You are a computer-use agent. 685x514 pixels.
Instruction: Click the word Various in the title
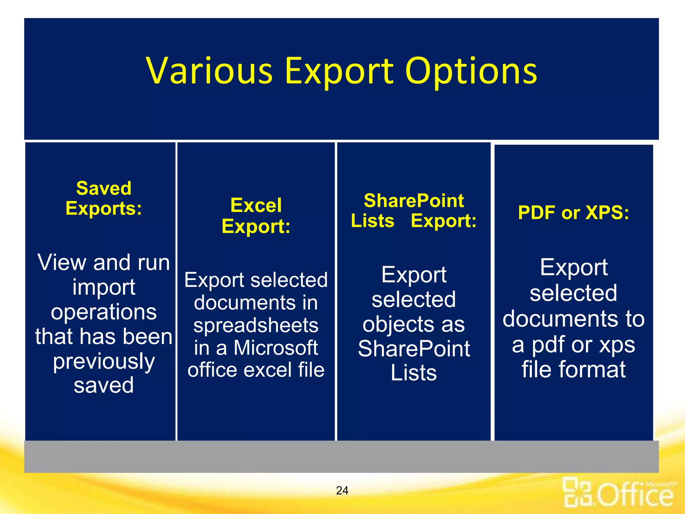pyautogui.click(x=209, y=71)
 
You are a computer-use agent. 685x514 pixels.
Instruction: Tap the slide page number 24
pyautogui.click(x=342, y=491)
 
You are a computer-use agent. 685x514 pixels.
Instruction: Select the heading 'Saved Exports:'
pyautogui.click(x=104, y=198)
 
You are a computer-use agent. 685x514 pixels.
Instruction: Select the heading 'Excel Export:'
pyautogui.click(x=256, y=216)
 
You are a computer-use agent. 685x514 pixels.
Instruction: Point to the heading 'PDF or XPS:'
pyautogui.click(x=573, y=212)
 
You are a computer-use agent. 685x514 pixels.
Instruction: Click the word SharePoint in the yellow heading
pyautogui.click(x=414, y=201)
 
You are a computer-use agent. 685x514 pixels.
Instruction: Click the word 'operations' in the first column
pyautogui.click(x=104, y=312)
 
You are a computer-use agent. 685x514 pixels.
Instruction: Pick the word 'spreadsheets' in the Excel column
pyautogui.click(x=256, y=326)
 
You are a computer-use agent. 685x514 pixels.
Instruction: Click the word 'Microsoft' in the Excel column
pyautogui.click(x=276, y=348)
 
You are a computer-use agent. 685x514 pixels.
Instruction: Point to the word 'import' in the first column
pyautogui.click(x=104, y=287)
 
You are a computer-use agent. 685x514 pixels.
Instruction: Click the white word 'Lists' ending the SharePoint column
pyautogui.click(x=414, y=373)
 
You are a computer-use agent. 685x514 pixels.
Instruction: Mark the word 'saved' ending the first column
pyautogui.click(x=104, y=385)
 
